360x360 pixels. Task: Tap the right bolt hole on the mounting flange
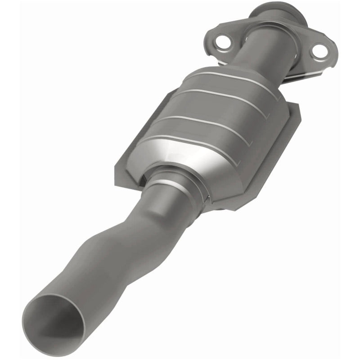pos(319,51)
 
